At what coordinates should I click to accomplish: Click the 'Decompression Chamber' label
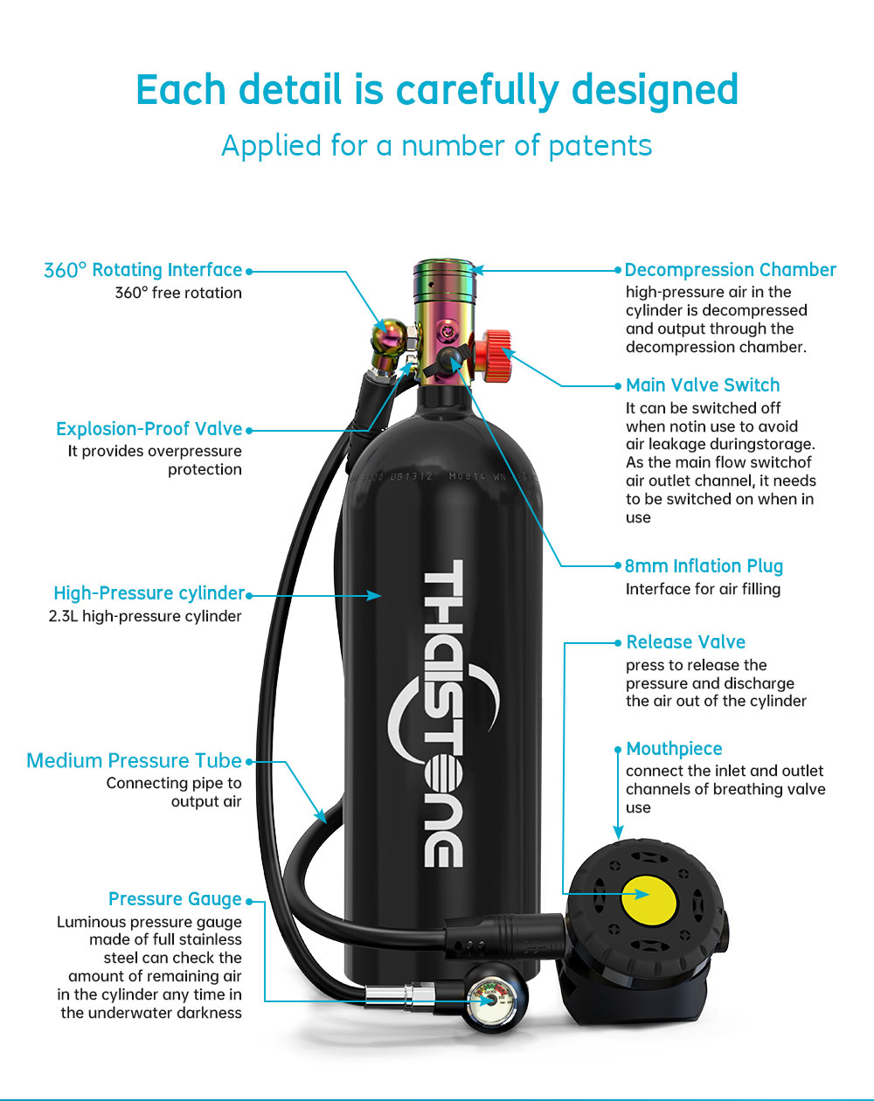(x=730, y=270)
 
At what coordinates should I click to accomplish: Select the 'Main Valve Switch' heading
(x=703, y=384)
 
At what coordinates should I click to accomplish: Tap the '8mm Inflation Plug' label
(x=704, y=566)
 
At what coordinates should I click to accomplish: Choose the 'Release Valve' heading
(x=686, y=641)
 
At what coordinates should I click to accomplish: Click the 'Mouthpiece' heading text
(x=674, y=749)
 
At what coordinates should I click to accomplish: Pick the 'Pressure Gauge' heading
(x=175, y=899)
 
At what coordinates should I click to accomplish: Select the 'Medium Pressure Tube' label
(x=134, y=761)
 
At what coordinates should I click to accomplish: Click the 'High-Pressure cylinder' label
(x=149, y=593)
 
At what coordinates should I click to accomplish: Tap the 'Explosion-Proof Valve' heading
(x=149, y=429)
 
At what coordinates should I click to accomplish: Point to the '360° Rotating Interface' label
(x=142, y=270)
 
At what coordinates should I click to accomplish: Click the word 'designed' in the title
(x=655, y=90)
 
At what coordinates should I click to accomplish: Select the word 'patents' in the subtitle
(x=600, y=146)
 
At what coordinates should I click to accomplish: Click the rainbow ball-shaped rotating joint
(x=389, y=336)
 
